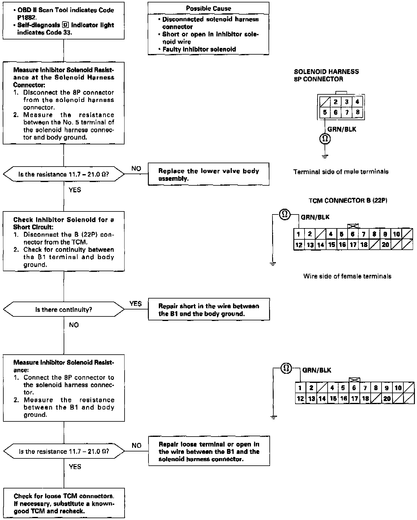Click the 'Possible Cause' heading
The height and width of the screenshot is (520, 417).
(x=208, y=8)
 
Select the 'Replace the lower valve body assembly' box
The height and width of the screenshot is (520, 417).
(x=208, y=174)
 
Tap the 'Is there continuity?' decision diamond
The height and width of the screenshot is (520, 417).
(x=64, y=309)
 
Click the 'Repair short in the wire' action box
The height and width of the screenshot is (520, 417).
(x=209, y=309)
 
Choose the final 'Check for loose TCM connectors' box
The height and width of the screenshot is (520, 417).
(x=64, y=503)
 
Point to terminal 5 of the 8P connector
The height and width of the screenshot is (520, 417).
(x=325, y=113)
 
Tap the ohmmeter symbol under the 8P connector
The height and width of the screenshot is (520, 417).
(x=325, y=139)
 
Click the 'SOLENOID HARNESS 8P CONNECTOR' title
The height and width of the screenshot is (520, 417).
(x=326, y=75)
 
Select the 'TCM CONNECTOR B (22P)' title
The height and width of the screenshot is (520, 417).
(x=348, y=201)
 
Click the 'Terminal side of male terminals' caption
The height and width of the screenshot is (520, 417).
(x=341, y=172)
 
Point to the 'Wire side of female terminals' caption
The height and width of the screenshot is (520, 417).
(x=347, y=276)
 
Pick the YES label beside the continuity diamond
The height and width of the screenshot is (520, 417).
(x=135, y=304)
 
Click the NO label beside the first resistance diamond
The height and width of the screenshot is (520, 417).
(x=136, y=169)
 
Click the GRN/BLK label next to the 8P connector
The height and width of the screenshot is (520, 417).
(x=342, y=130)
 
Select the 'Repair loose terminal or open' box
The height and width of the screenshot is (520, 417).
(x=209, y=451)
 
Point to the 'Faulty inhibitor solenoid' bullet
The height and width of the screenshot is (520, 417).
(x=199, y=49)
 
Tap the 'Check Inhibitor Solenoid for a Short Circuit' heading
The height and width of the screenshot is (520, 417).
(x=64, y=223)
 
